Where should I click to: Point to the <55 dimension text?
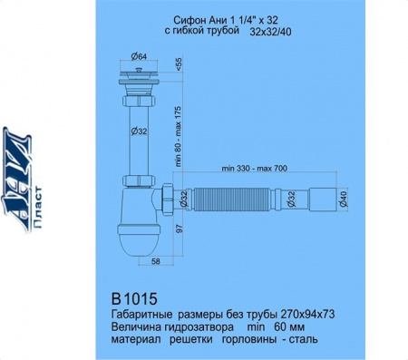pos(178,65)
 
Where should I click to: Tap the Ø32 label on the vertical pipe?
pos(139,131)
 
